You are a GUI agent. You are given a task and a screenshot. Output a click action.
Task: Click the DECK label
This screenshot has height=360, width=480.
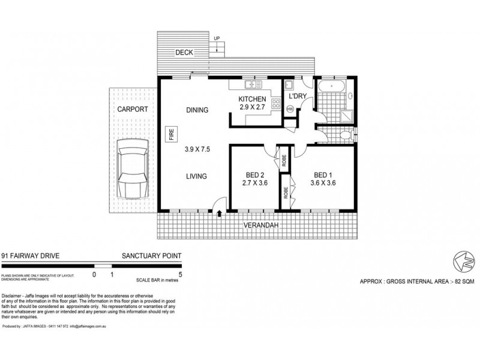(184, 53)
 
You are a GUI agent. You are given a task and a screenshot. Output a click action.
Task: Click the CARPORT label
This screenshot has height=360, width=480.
(132, 109)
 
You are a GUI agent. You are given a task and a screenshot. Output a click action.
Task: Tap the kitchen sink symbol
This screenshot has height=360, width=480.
(289, 86)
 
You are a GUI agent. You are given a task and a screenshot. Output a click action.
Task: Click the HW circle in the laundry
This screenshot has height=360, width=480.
(290, 109)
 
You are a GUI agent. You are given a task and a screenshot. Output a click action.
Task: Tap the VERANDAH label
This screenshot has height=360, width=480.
(260, 226)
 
